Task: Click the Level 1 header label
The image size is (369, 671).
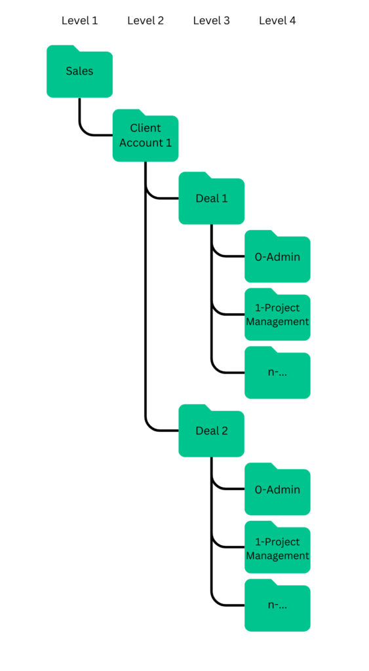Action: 79,20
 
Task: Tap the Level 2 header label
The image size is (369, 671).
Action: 146,20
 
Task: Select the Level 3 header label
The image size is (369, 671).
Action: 211,20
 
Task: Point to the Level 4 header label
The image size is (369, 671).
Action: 277,20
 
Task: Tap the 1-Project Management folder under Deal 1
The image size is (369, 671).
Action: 277,316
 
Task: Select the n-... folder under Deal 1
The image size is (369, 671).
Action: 277,374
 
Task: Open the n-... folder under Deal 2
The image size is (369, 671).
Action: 277,607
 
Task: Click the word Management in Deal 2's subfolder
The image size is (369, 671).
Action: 277,556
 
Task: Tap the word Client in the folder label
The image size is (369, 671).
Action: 146,128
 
